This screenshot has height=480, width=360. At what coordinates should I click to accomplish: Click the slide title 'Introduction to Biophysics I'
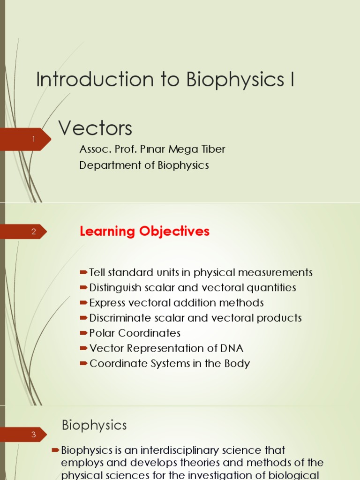click(165, 80)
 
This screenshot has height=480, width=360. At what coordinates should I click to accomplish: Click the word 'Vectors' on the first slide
click(95, 128)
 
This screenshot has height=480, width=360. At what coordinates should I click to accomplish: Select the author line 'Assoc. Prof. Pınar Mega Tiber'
click(152, 150)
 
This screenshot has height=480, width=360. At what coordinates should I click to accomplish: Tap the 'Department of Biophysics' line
click(144, 165)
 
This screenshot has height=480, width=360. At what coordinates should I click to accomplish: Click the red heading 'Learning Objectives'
click(144, 232)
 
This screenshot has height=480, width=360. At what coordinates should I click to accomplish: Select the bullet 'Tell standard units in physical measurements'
click(201, 273)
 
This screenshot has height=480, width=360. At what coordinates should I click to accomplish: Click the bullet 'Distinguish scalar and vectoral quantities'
click(193, 288)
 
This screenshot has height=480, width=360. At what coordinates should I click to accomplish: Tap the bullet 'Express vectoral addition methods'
click(176, 303)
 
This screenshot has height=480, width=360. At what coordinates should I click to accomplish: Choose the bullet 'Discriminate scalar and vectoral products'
click(195, 318)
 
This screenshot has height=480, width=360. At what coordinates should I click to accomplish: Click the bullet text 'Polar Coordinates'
click(135, 333)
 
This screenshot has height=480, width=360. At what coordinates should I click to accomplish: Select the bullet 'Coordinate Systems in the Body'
click(170, 364)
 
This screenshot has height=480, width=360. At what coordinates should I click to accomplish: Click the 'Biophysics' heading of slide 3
click(94, 425)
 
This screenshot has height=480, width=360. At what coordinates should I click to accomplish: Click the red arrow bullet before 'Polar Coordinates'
click(83, 333)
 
